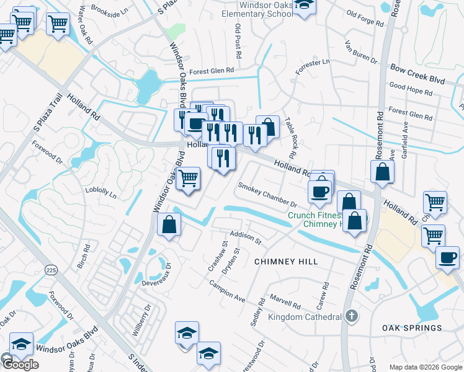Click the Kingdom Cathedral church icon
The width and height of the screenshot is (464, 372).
click(351, 316)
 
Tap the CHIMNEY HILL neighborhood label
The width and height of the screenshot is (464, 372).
click(287, 262)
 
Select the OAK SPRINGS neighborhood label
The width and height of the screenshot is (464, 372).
click(412, 328)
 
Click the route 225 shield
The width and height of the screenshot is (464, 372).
click(51, 269)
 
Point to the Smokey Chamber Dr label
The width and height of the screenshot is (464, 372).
click(268, 194)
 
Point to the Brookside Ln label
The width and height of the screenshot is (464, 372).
click(109, 9)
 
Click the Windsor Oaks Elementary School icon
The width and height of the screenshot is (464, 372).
click(304, 5)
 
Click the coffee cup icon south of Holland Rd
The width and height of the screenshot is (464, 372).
click(320, 191)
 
